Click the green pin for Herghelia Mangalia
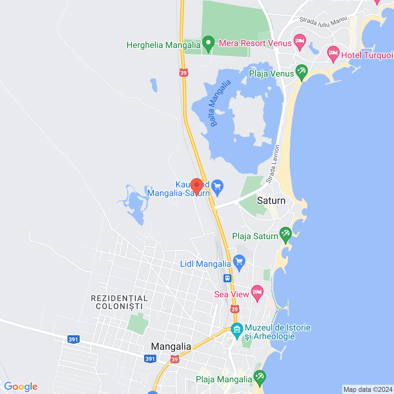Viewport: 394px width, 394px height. click(x=208, y=44)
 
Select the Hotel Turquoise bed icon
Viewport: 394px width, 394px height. click(x=333, y=54)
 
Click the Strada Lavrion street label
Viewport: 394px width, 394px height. click(x=273, y=164)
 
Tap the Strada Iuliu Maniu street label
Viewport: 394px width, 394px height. click(x=323, y=22)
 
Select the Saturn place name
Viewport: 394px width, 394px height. click(x=271, y=201)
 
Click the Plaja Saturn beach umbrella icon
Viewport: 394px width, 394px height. click(x=285, y=235)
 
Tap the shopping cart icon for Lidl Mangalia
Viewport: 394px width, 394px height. click(x=239, y=263)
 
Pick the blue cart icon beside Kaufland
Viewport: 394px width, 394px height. click(x=218, y=187)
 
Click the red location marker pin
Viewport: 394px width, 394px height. click(x=197, y=186)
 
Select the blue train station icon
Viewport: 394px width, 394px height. click(x=227, y=278)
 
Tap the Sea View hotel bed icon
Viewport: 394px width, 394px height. click(x=257, y=292)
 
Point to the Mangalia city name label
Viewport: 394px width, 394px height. click(x=171, y=347)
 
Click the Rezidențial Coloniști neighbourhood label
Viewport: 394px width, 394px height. click(x=119, y=302)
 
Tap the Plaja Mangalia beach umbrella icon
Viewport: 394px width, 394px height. click(x=259, y=377)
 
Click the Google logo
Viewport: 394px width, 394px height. click(x=21, y=387)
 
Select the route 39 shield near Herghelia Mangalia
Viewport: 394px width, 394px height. click(x=183, y=73)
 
